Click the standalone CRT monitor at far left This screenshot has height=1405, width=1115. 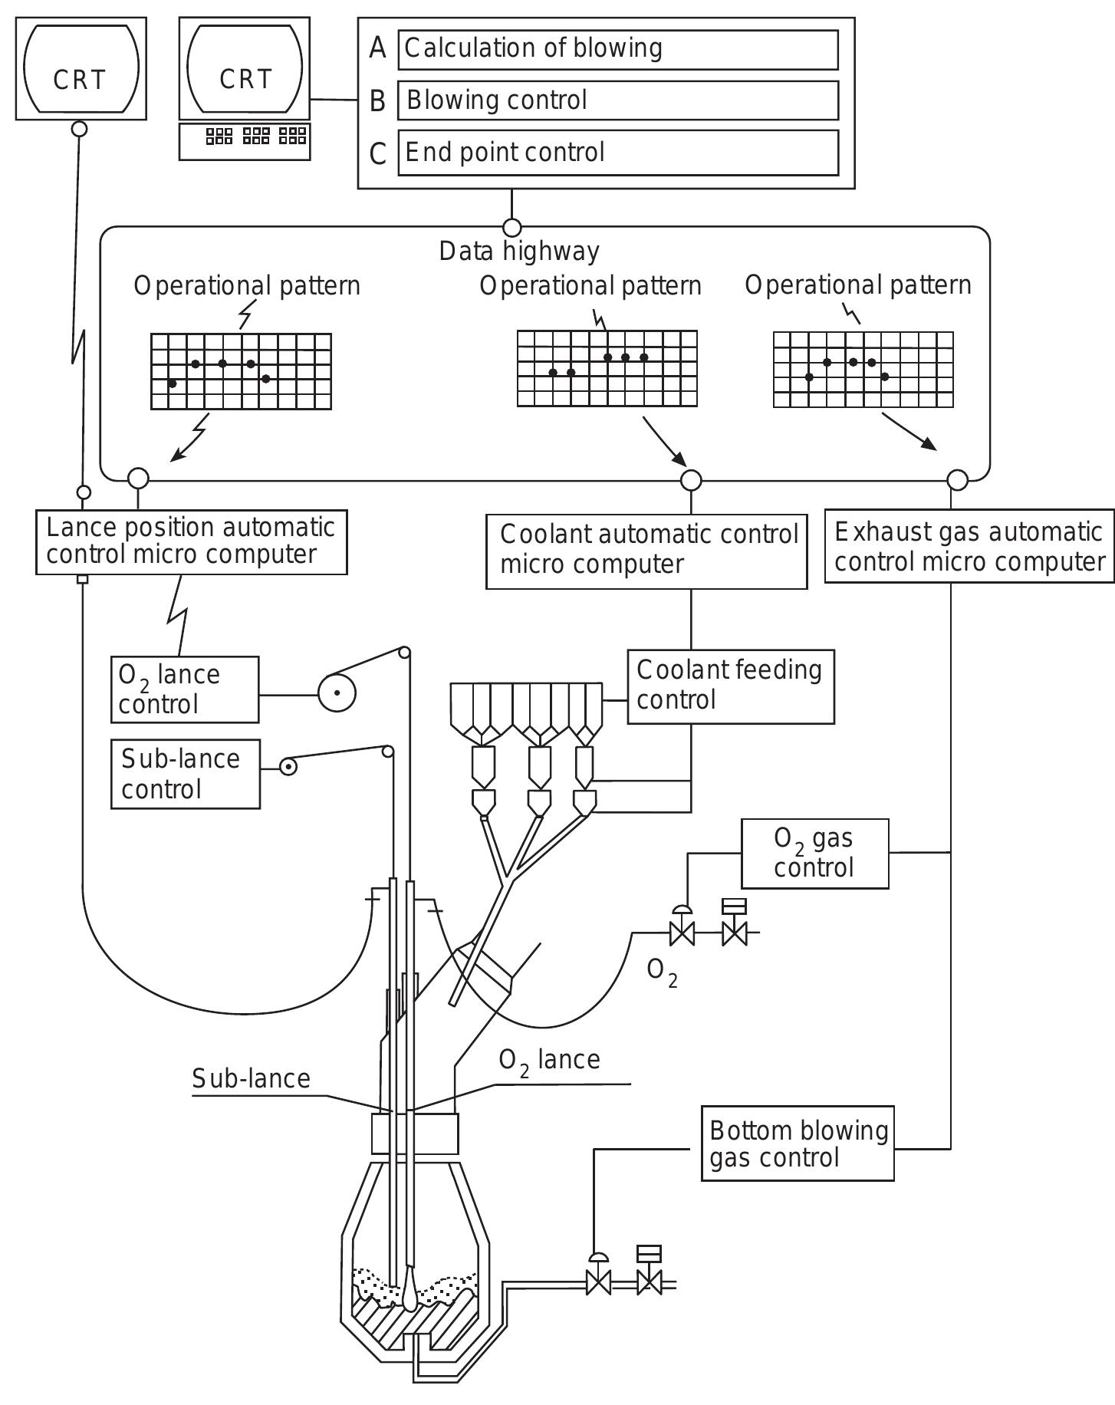(x=81, y=69)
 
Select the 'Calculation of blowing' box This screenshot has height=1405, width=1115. (x=617, y=49)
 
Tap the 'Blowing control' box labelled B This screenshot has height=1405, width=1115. (x=617, y=100)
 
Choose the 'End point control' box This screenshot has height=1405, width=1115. (x=617, y=153)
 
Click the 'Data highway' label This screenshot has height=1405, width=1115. (x=519, y=252)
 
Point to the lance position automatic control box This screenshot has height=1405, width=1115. (x=191, y=541)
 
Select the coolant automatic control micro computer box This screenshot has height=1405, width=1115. (x=646, y=551)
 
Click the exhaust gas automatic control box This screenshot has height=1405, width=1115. (x=969, y=547)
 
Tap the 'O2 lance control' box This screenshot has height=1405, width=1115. (x=185, y=689)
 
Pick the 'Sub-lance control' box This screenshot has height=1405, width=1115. (x=185, y=774)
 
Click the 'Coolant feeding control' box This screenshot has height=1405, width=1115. (x=730, y=686)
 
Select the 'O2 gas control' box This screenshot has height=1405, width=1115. (x=814, y=854)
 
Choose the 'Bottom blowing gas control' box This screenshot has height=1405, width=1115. (x=798, y=1143)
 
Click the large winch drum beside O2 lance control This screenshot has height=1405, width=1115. (x=337, y=693)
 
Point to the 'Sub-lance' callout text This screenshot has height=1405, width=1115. (x=251, y=1079)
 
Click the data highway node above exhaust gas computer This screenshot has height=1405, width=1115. (x=957, y=480)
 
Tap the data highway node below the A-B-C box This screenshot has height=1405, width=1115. (x=511, y=228)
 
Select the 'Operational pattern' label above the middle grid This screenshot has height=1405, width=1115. (x=590, y=286)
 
